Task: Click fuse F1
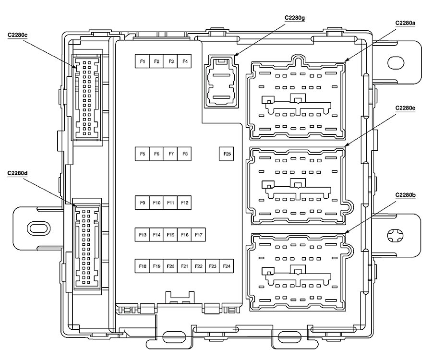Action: [142, 61]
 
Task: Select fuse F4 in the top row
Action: [184, 61]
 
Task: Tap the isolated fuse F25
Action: [227, 154]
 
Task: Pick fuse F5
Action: [142, 154]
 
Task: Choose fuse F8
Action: [184, 154]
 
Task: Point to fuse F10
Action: [156, 203]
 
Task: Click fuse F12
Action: [184, 203]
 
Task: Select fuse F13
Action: [142, 235]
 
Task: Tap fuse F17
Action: [199, 235]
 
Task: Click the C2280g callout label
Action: [294, 18]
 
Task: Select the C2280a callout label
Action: [405, 23]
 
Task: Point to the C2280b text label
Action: [405, 194]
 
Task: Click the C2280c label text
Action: [17, 35]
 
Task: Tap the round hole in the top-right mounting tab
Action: [394, 62]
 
